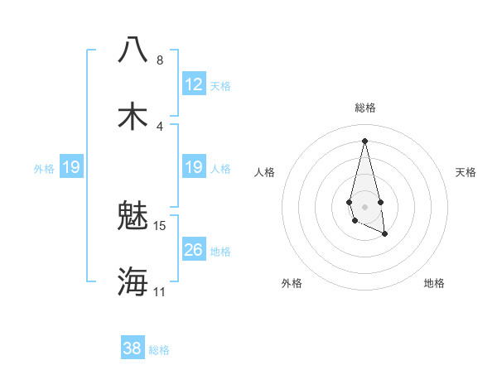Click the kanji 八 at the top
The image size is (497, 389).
(133, 49)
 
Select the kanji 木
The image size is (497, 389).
(133, 115)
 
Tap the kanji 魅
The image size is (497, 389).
(133, 216)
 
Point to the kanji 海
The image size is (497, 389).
(133, 281)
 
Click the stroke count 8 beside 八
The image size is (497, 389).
(159, 60)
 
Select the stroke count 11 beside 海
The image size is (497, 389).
(159, 291)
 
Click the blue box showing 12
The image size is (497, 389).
(193, 84)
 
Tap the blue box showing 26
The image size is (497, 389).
(193, 249)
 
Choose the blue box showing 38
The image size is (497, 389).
(133, 348)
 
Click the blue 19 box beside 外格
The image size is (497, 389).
(71, 167)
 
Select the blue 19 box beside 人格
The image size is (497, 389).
(193, 167)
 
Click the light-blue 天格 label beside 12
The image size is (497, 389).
(220, 85)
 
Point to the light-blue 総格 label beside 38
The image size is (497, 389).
(159, 349)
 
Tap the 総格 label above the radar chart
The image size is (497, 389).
(365, 108)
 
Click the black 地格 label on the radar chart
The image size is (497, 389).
(434, 283)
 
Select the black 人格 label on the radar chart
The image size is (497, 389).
(265, 172)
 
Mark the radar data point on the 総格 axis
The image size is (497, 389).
(364, 141)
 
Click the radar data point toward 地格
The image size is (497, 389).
(385, 234)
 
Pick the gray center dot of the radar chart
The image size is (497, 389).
(364, 205)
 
